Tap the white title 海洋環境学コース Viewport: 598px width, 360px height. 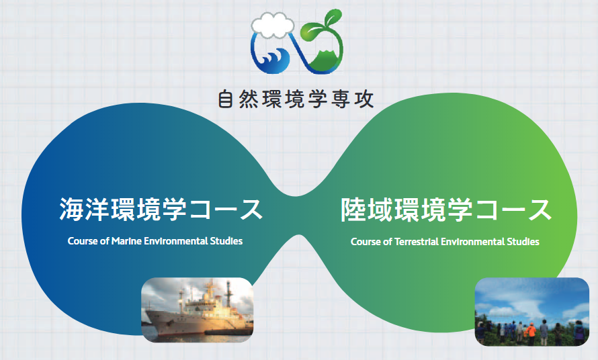click(161, 210)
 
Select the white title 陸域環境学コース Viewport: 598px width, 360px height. click(446, 210)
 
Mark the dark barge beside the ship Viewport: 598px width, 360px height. click(228, 332)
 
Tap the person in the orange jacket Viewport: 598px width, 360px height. click(529, 332)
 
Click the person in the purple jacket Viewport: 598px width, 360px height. click(579, 331)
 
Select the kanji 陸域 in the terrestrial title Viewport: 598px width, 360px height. click(366, 210)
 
